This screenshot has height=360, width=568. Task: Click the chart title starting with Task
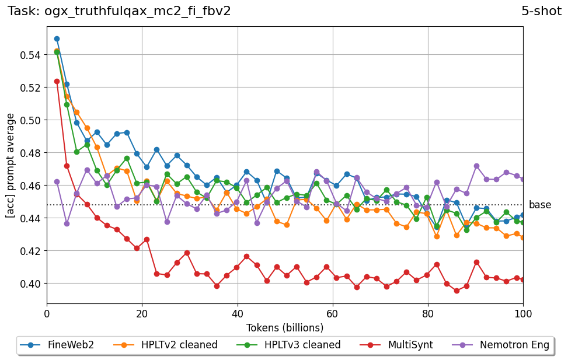pos(119,11)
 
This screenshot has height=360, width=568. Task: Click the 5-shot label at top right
pos(541,11)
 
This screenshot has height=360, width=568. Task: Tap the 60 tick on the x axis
pos(333,313)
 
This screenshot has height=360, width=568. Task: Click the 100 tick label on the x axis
pos(523,313)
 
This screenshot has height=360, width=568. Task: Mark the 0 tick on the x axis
pos(47,313)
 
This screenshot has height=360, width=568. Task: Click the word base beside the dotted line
pos(540,205)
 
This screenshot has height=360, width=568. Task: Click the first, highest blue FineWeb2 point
pos(57,39)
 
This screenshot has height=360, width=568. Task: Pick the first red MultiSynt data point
pos(57,81)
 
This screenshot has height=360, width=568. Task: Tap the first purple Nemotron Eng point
pos(57,181)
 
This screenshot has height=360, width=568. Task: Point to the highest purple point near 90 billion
pos(476,166)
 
